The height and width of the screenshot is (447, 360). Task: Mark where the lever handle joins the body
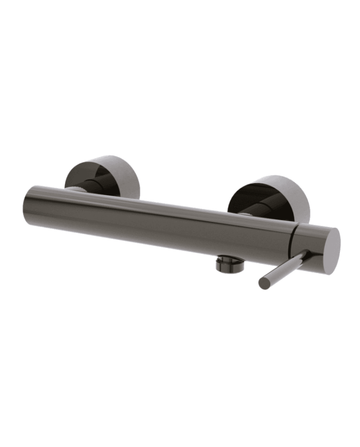click(x=303, y=255)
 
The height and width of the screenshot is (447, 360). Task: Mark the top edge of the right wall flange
click(x=273, y=177)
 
